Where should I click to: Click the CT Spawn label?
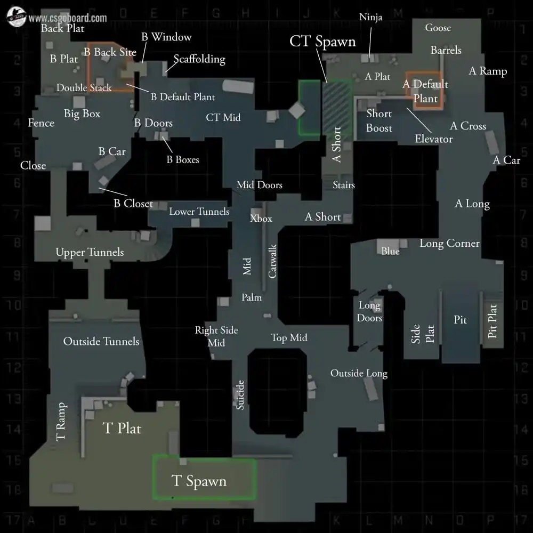(322, 42)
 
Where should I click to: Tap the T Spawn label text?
(199, 481)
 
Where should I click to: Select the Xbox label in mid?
(261, 218)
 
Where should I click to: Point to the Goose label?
(438, 28)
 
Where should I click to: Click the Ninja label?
(370, 18)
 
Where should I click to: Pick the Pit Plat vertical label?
(492, 321)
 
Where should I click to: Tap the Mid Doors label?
(260, 185)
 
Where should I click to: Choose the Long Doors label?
(369, 312)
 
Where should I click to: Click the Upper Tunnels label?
(90, 252)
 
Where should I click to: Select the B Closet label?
(133, 204)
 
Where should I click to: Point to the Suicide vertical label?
(240, 395)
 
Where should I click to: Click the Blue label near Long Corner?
(390, 251)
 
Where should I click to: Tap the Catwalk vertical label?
(272, 261)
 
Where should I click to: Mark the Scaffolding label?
(199, 59)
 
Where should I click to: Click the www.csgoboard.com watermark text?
(68, 18)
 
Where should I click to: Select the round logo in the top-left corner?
(16, 18)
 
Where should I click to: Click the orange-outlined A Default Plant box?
(424, 91)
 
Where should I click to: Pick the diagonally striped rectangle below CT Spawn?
(336, 107)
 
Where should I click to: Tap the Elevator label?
(434, 139)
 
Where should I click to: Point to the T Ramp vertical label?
(61, 421)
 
